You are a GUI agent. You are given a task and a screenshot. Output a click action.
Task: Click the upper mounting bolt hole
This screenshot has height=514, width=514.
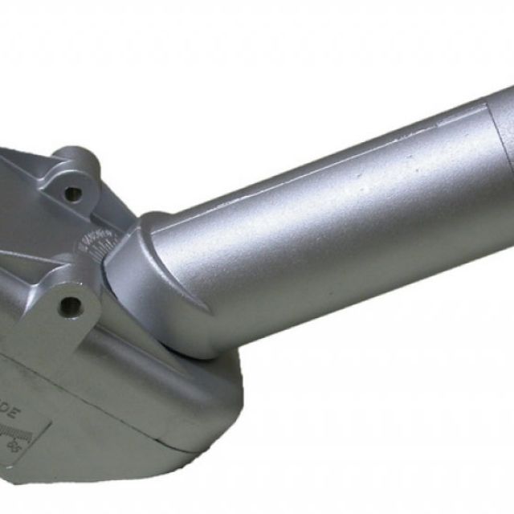coord(73,193)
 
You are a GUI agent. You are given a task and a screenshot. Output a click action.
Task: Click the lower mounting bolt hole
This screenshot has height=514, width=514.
coord(71,305)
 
